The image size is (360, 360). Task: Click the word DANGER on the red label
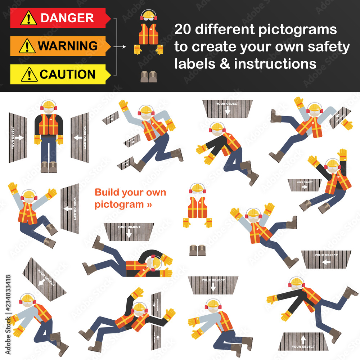[67, 18]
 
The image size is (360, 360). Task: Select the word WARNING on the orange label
[68, 46]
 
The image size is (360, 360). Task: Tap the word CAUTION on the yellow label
[67, 75]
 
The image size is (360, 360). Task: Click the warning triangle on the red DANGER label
[28, 18]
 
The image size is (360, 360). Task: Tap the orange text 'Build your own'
[130, 192]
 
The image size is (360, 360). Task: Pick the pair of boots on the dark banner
[148, 76]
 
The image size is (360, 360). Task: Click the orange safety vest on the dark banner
[148, 34]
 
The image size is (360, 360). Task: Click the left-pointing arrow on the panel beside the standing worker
[78, 137]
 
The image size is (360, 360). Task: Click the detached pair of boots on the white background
[198, 250]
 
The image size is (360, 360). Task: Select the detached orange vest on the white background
[198, 208]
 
